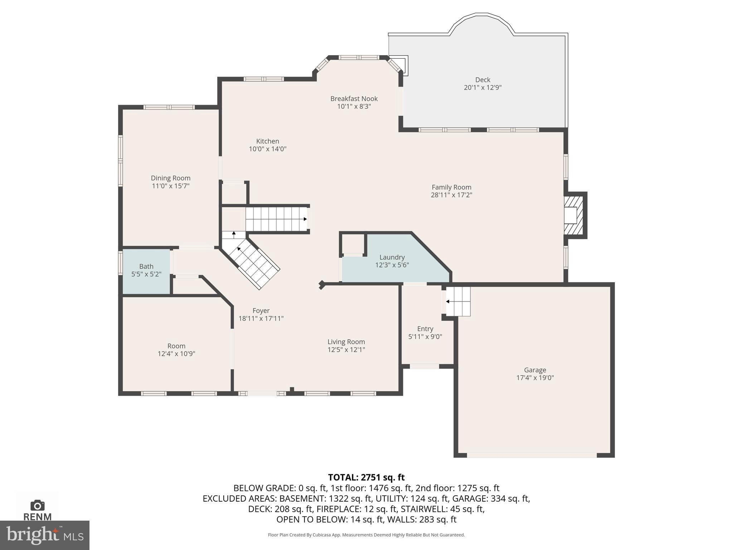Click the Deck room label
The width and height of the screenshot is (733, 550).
click(482, 80)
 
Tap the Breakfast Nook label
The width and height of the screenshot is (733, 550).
click(354, 98)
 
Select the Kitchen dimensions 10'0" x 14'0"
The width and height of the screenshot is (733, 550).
click(268, 149)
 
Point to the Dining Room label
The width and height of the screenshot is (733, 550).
click(170, 178)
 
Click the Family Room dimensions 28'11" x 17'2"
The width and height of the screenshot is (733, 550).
click(451, 195)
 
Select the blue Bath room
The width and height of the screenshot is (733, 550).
click(146, 271)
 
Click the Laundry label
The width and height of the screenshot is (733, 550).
click(392, 257)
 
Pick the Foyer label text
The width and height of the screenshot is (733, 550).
click(261, 310)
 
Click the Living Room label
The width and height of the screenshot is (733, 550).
click(346, 342)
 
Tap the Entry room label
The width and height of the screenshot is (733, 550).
click(425, 329)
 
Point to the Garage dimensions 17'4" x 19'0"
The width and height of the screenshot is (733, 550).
click(535, 378)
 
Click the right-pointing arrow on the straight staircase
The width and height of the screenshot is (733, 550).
click(305, 219)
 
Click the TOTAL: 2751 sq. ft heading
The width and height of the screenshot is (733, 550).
click(366, 477)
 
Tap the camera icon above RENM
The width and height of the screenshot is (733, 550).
click(37, 505)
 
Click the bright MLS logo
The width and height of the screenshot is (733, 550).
click(44, 535)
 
